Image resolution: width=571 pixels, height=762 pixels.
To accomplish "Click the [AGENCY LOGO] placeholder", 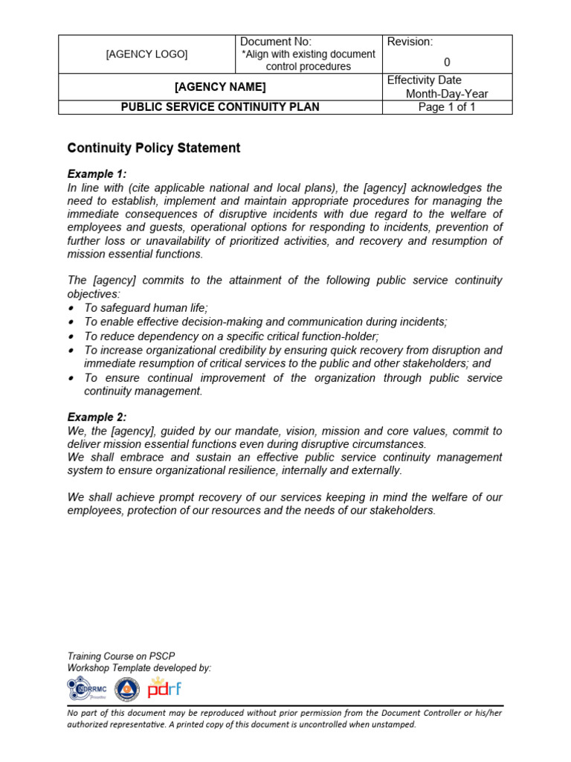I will pos(146,54).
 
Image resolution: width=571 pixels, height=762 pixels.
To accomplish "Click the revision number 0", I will pos(447,63).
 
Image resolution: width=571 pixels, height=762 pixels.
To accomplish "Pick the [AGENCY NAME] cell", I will pos(220,87).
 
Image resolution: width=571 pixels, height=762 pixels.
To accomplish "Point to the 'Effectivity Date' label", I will pos(425,80).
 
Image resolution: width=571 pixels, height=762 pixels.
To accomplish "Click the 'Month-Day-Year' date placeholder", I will pos(447,94).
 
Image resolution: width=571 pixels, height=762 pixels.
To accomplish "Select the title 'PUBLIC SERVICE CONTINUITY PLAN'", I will pos(220,107).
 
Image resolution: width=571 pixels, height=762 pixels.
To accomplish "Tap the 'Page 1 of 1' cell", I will pos(447,107).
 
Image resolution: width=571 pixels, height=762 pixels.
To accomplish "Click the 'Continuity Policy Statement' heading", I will pos(154,148).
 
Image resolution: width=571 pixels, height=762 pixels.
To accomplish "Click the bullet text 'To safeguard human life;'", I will pos(146,308).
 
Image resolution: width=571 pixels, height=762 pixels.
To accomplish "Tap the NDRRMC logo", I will pos(87,688).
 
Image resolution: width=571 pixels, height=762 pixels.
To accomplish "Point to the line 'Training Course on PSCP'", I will pos(121,656).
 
